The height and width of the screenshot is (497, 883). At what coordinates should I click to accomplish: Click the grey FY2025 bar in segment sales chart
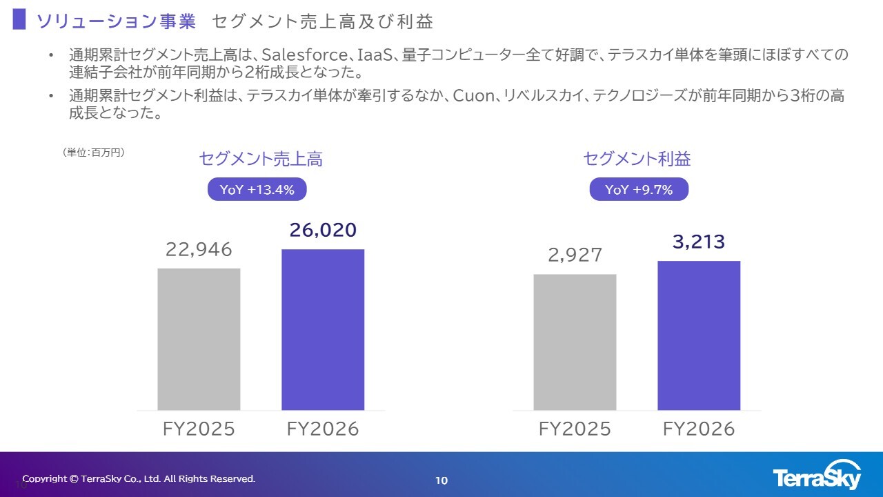[x=199, y=339]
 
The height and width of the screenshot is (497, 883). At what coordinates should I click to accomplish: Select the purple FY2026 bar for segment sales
[x=323, y=329]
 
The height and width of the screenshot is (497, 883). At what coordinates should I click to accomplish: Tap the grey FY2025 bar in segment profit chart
[x=575, y=342]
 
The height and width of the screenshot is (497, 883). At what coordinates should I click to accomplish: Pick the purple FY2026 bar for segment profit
[x=699, y=335]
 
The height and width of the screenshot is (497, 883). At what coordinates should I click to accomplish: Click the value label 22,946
[x=199, y=249]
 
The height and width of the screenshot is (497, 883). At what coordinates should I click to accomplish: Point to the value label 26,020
[x=323, y=231]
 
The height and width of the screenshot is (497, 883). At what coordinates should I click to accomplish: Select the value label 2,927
[x=575, y=255]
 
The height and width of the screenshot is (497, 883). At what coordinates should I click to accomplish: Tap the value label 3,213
[x=699, y=242]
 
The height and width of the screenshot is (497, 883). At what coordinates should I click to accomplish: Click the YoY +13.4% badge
[x=257, y=190]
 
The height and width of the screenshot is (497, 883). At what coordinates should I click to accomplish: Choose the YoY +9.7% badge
[x=639, y=190]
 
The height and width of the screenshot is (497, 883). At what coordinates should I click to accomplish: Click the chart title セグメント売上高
[x=261, y=159]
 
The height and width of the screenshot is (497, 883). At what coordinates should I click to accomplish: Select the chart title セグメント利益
[x=637, y=159]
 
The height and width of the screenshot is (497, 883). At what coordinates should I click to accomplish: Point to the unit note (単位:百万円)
[x=94, y=153]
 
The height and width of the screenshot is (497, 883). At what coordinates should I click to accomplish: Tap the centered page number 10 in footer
[x=441, y=480]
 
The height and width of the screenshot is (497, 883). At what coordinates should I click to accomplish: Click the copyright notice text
[x=139, y=478]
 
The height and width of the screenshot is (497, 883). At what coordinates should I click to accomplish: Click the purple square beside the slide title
[x=19, y=19]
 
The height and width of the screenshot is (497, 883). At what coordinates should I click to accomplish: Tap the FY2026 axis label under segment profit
[x=699, y=429]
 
